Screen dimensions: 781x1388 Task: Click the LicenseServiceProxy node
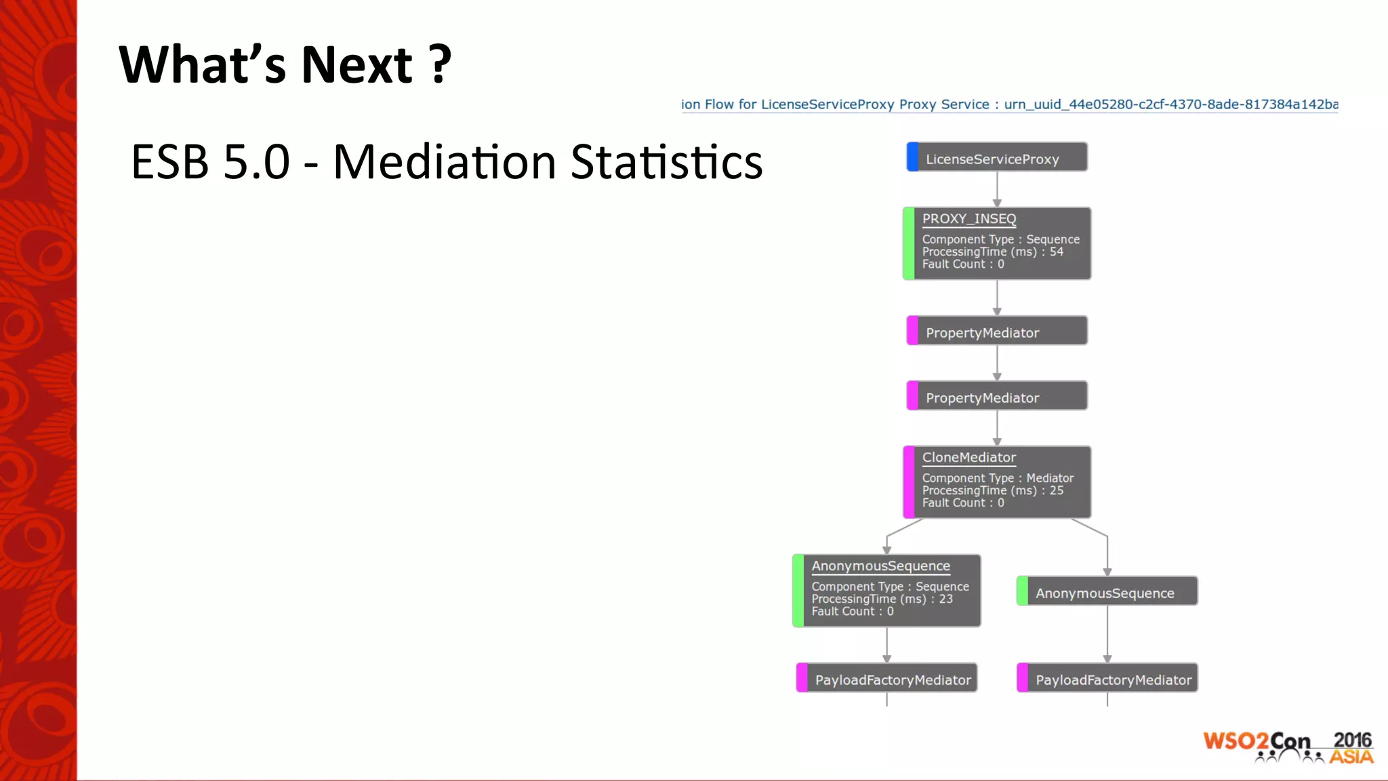(997, 158)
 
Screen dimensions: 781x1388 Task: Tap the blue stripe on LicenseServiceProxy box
(912, 157)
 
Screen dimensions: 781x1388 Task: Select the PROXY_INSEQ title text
(968, 219)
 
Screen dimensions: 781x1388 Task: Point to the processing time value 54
(1057, 252)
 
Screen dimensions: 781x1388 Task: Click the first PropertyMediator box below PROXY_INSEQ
(997, 332)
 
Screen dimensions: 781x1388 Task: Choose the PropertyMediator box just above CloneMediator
(997, 397)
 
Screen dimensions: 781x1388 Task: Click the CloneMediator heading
(968, 458)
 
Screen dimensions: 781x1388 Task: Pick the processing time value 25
(1057, 491)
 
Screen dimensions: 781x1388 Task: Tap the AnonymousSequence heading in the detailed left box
(880, 566)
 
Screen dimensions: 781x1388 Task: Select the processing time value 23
(945, 599)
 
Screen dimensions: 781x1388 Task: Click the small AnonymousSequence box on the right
(1107, 592)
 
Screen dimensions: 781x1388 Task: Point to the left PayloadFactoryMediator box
(887, 679)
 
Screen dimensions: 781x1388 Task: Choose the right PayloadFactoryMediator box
(1108, 679)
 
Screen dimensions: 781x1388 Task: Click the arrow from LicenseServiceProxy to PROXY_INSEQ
(997, 189)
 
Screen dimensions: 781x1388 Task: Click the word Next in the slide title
(356, 65)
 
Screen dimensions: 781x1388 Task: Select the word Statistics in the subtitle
(666, 163)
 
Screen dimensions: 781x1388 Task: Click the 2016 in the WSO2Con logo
(1351, 740)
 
